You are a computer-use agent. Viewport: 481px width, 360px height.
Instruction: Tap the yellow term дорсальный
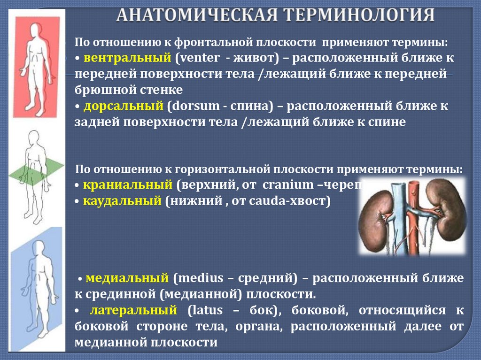coord(124,107)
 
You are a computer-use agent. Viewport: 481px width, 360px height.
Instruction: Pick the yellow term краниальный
coord(129,185)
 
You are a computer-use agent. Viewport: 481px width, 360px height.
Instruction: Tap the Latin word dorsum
coord(196,107)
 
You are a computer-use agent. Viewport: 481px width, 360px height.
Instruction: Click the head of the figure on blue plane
coord(38,247)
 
